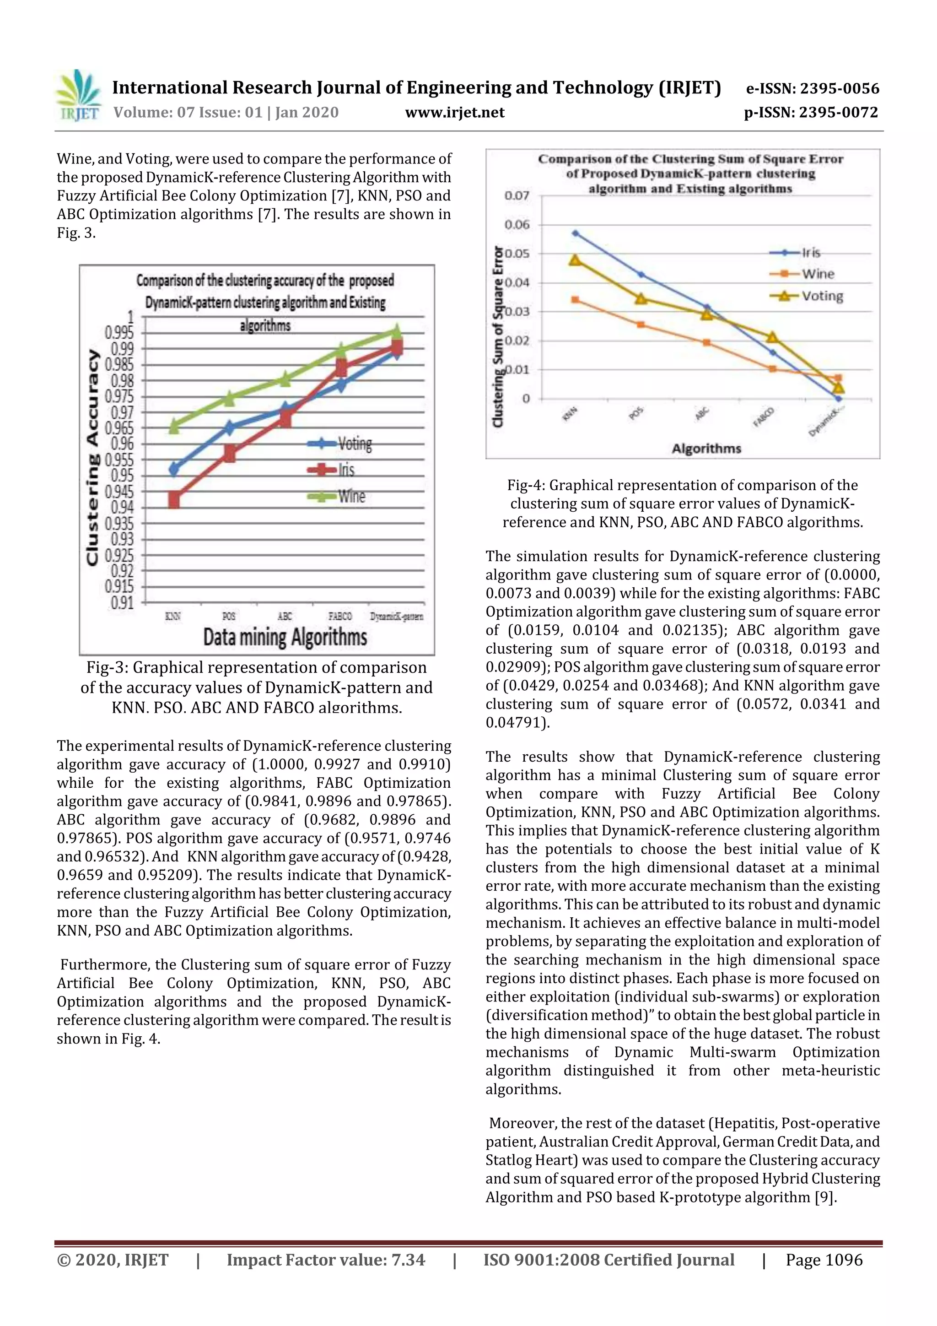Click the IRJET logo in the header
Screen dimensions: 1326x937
pyautogui.click(x=78, y=96)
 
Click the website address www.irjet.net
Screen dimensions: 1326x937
pyautogui.click(x=454, y=112)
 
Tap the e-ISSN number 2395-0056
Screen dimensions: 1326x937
pyautogui.click(x=839, y=88)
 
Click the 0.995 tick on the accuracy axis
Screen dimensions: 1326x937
pyautogui.click(x=119, y=333)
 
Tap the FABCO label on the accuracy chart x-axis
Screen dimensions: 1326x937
pyautogui.click(x=339, y=616)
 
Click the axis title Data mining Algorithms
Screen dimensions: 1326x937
pyautogui.click(x=285, y=638)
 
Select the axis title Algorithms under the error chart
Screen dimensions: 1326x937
pyautogui.click(x=706, y=449)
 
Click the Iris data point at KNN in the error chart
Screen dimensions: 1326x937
pyautogui.click(x=575, y=233)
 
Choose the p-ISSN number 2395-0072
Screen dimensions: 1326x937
pyautogui.click(x=838, y=112)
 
